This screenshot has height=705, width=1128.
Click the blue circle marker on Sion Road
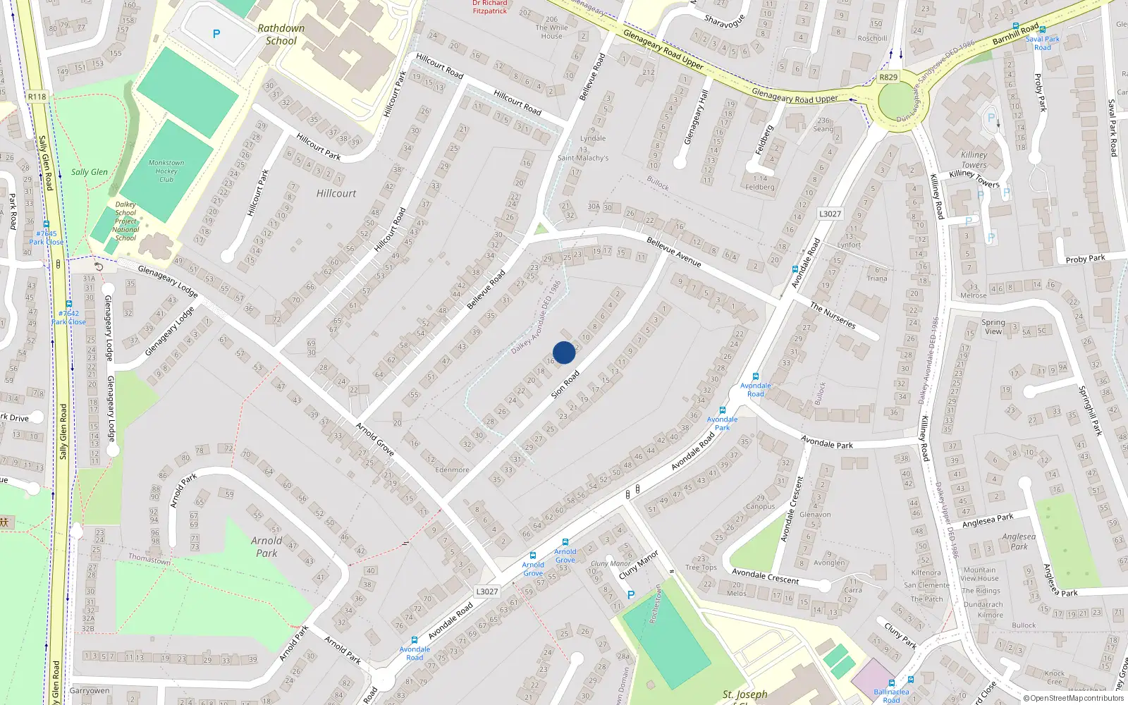tap(564, 352)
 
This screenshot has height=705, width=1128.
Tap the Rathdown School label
tap(281, 35)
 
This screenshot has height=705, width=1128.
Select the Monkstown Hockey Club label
tap(166, 171)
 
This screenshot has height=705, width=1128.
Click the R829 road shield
tap(888, 78)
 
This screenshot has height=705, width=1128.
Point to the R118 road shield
tap(37, 97)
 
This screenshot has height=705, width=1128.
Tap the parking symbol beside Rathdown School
tap(216, 34)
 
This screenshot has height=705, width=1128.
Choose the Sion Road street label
tap(565, 384)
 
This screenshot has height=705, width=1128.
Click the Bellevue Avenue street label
tap(674, 252)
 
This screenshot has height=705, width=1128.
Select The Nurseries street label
tap(833, 315)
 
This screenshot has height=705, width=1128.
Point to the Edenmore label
tap(452, 470)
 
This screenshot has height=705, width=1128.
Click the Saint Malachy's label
tap(583, 158)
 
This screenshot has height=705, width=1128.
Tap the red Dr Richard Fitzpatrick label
tap(490, 7)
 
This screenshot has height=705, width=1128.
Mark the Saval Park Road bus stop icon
tap(1042, 30)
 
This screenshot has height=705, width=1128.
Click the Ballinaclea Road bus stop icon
tap(891, 683)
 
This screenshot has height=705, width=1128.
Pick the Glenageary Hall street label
tap(697, 117)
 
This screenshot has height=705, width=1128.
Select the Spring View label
tap(993, 326)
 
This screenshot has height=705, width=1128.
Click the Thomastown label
tap(149, 559)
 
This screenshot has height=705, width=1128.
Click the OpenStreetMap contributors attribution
tap(1074, 698)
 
